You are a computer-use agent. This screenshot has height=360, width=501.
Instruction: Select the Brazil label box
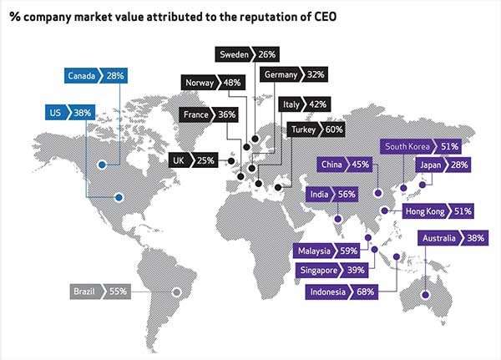(x=87, y=292)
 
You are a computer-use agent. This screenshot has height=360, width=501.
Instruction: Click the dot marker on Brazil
(x=175, y=292)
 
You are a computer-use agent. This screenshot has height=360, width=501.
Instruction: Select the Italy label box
(x=292, y=104)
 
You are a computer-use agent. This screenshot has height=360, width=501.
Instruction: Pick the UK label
(x=179, y=159)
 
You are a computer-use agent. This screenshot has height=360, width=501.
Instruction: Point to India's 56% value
(x=345, y=195)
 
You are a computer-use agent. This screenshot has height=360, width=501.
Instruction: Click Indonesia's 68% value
(x=363, y=291)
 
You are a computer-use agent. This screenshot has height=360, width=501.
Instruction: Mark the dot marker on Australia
(x=424, y=293)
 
